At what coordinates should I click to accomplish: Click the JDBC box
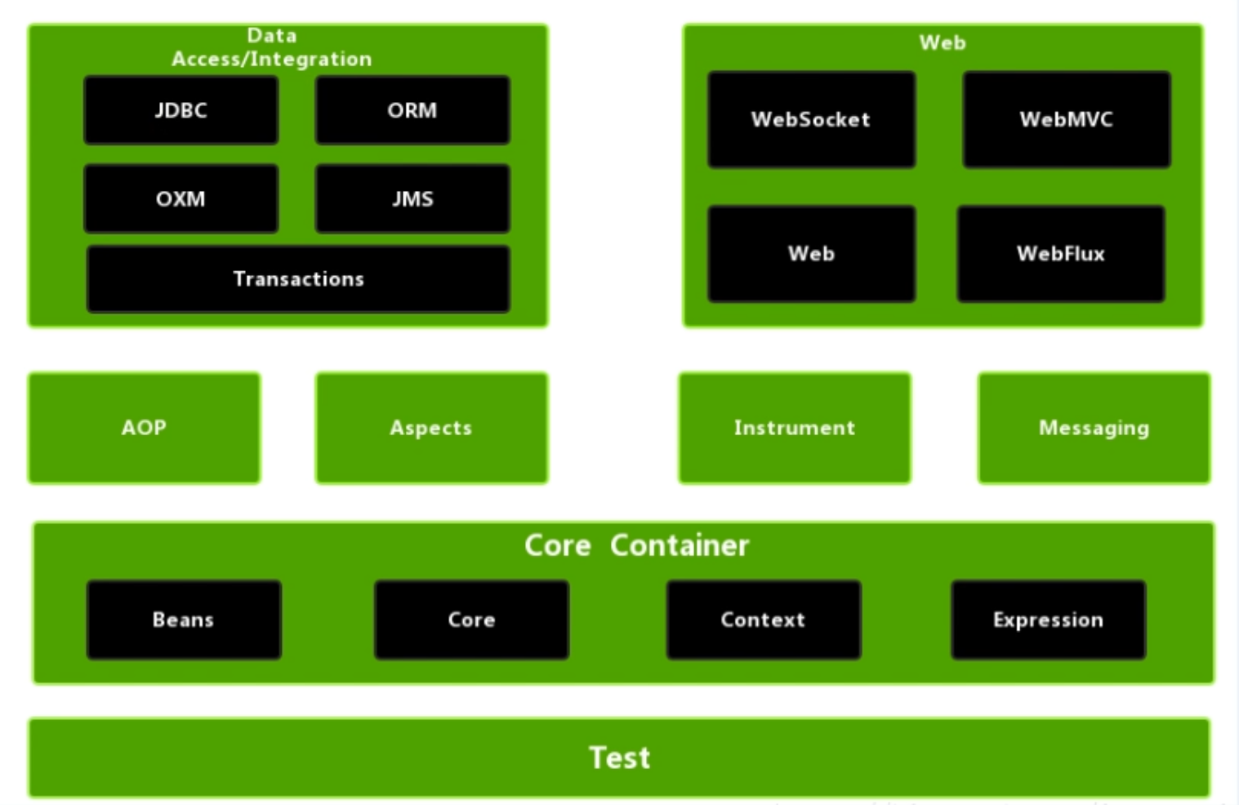click(x=181, y=110)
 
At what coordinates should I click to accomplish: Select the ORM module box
click(x=412, y=110)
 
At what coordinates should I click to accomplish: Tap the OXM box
click(x=181, y=198)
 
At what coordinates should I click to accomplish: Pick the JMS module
click(x=412, y=198)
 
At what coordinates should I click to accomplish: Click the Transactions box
click(x=299, y=279)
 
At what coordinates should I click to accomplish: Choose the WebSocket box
click(x=811, y=119)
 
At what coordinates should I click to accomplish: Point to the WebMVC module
click(x=1067, y=119)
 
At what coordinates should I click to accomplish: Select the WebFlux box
click(x=1061, y=254)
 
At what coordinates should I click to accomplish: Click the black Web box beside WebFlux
click(x=811, y=254)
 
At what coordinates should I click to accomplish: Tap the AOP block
click(x=145, y=428)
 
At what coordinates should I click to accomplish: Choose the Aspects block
click(x=431, y=428)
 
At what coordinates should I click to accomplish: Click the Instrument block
click(x=795, y=428)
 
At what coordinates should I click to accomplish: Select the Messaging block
click(x=1094, y=428)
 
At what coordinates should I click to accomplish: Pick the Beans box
click(x=185, y=620)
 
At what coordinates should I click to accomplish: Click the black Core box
click(x=472, y=620)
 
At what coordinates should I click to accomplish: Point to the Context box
click(x=764, y=620)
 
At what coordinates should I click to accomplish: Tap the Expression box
click(x=1049, y=620)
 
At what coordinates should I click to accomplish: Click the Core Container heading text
click(x=636, y=545)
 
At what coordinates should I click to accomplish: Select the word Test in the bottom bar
click(x=619, y=758)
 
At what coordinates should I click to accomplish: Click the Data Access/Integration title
click(x=272, y=47)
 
